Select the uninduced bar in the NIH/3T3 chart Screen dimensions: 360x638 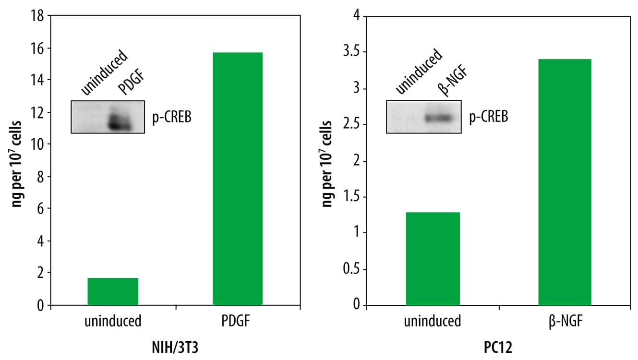pos(113,291)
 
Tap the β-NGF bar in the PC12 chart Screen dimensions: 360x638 pos(565,182)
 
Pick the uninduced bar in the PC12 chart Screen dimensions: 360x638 pos(433,259)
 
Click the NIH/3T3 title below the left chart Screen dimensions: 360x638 pos(175,347)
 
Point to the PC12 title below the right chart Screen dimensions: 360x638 pos(498,347)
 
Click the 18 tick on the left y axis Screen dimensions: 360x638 pos(37,16)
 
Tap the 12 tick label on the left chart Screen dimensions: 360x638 pos(37,112)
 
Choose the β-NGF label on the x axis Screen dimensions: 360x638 pos(565,321)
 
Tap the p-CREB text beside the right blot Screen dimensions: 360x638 pos(488,117)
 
